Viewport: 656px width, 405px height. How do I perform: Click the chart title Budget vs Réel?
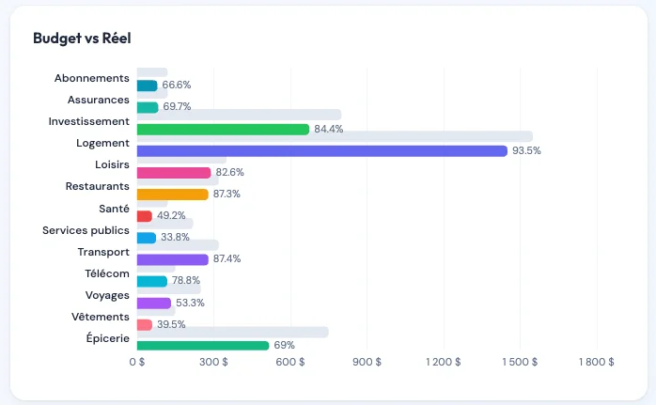[x=82, y=39]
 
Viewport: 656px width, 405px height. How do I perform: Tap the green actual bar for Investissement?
[x=223, y=129]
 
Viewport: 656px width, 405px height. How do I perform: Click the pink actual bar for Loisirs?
[x=174, y=173]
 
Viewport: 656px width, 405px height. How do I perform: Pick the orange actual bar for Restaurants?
[x=172, y=195]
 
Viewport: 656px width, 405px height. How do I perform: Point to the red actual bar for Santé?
[x=145, y=216]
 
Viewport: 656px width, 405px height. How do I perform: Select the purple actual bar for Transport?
[x=172, y=259]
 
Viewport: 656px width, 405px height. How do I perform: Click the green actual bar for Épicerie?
[x=203, y=346]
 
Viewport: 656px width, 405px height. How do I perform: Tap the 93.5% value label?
[x=526, y=150]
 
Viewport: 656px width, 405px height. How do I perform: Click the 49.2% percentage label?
[x=171, y=216]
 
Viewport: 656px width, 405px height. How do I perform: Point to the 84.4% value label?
[x=329, y=129]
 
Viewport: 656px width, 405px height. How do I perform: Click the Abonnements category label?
[x=91, y=78]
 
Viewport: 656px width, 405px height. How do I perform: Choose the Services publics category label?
[x=86, y=230]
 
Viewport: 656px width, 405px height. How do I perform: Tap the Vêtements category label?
[x=100, y=317]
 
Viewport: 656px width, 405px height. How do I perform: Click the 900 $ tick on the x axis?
[x=367, y=362]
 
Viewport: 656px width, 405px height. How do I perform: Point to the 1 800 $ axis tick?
[x=597, y=362]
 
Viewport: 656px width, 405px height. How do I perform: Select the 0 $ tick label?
[x=137, y=362]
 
